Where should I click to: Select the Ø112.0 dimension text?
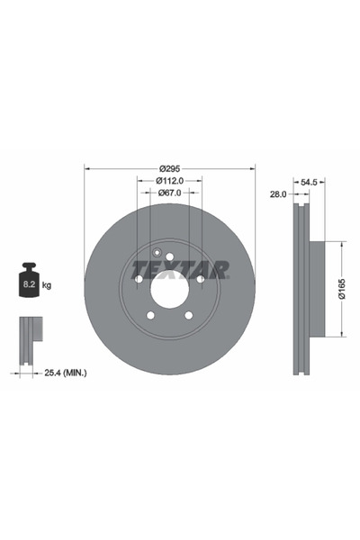pos(169,180)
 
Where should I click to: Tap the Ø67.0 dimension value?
pos(169,193)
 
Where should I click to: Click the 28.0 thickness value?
pos(278,193)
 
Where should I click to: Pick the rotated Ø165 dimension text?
pos(342,290)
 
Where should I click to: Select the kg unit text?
pos(46,285)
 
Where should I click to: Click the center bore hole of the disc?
pos(169,290)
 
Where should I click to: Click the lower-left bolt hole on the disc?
pos(149,316)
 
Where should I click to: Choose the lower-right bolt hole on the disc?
pos(188,316)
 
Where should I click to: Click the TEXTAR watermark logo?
pos(180,268)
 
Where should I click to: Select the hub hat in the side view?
pos(312,290)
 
